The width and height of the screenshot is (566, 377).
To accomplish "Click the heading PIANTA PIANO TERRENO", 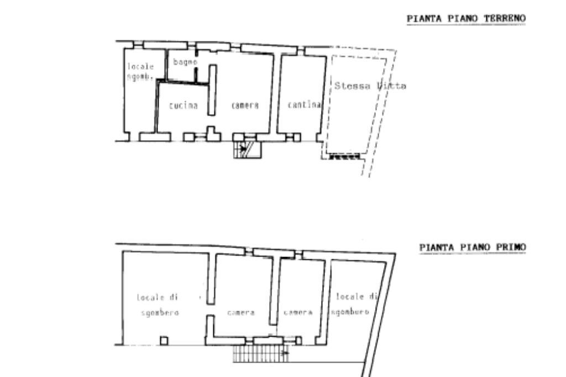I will pyautogui.click(x=466, y=19).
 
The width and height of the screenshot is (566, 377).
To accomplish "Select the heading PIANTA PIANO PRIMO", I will pyautogui.click(x=473, y=247).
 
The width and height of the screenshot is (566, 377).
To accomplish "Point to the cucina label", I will pyautogui.click(x=184, y=106).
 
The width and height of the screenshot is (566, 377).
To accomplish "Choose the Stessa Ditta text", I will pyautogui.click(x=370, y=86).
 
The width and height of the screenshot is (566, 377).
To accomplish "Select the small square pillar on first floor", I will pyautogui.click(x=164, y=341).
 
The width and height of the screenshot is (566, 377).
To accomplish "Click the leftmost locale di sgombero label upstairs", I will pyautogui.click(x=158, y=305).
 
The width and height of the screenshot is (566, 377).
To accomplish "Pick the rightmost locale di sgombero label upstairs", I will pyautogui.click(x=354, y=305).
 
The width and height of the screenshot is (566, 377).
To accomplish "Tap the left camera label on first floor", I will pyautogui.click(x=241, y=313).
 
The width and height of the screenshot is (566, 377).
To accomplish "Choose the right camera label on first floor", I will pyautogui.click(x=298, y=313).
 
